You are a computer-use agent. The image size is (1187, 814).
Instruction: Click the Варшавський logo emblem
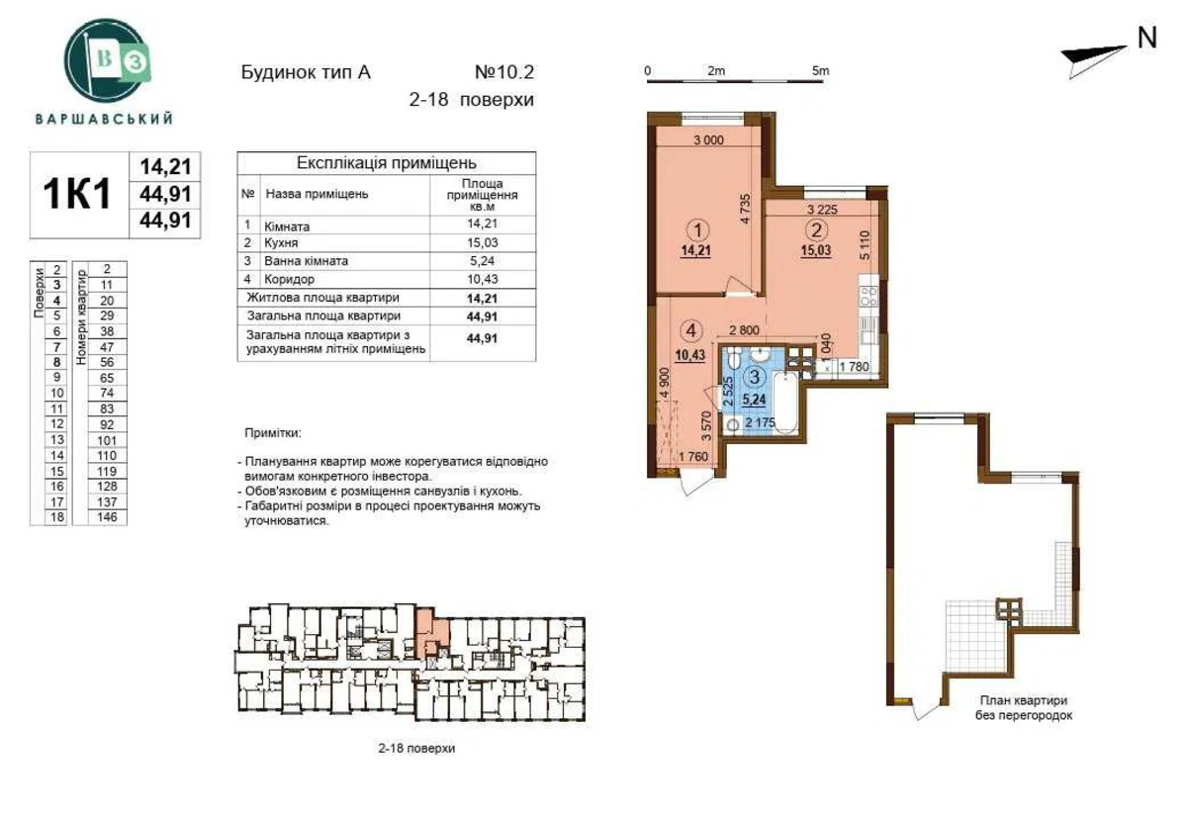[x=107, y=60]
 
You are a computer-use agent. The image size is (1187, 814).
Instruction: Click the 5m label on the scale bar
[x=820, y=70]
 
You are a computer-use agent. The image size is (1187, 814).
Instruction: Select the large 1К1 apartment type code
[x=77, y=194]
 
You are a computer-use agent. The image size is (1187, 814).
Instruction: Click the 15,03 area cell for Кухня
[x=483, y=242]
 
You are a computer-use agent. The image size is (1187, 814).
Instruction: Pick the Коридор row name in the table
[x=289, y=279]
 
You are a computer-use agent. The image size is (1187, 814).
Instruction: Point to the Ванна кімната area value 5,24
[x=483, y=261]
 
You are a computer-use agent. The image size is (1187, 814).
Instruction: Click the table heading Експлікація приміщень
[x=387, y=162]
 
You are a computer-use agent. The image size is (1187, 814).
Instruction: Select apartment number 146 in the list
[x=107, y=516]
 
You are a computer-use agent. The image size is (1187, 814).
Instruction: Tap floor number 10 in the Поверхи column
[x=57, y=394]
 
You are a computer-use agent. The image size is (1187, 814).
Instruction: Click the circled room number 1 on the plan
[x=697, y=230]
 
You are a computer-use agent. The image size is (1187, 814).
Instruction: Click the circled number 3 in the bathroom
[x=754, y=377]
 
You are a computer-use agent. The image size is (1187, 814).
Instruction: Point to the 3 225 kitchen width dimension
[x=822, y=210]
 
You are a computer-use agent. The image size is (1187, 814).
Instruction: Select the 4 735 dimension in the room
[x=745, y=209]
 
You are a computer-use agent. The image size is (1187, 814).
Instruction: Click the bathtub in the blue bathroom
[x=785, y=403]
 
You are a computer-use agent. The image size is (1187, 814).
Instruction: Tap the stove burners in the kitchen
[x=868, y=297]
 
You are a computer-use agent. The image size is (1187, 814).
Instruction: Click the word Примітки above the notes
[x=273, y=433]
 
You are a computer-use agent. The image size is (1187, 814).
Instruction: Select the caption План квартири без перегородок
[x=1024, y=708]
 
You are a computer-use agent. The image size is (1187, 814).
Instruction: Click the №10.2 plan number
[x=504, y=71]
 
